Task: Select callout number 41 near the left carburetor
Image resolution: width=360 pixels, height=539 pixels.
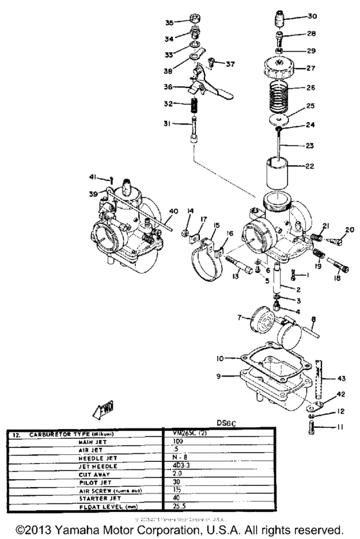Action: pyautogui.click(x=94, y=177)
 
